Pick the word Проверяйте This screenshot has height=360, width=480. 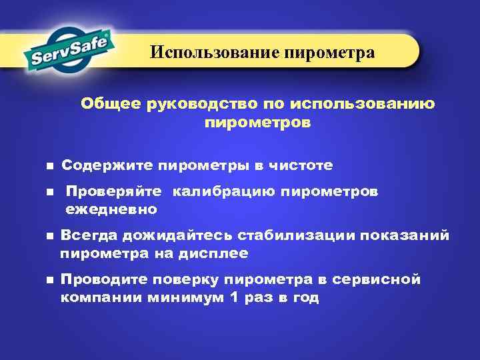114,192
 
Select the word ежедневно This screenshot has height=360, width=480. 111,210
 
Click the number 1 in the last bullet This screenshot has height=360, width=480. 233,298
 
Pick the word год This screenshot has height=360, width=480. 304,298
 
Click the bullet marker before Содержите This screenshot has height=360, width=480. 49,165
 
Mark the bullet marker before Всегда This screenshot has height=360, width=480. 49,236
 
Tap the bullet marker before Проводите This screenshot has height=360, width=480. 49,281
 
